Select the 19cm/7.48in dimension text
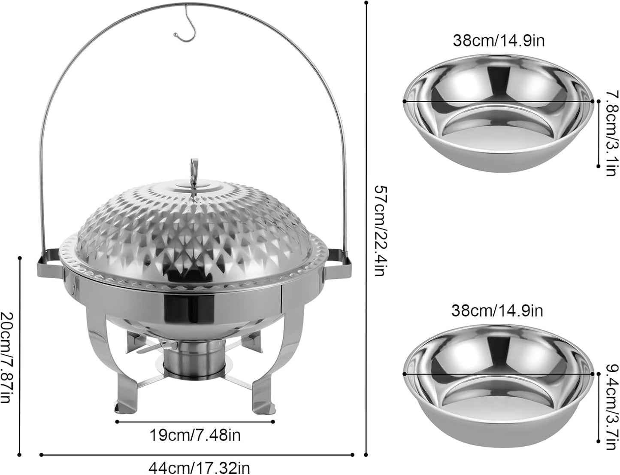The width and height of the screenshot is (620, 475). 195,435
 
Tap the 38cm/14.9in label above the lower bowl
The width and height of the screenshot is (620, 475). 497,310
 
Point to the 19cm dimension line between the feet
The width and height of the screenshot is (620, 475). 195,422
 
